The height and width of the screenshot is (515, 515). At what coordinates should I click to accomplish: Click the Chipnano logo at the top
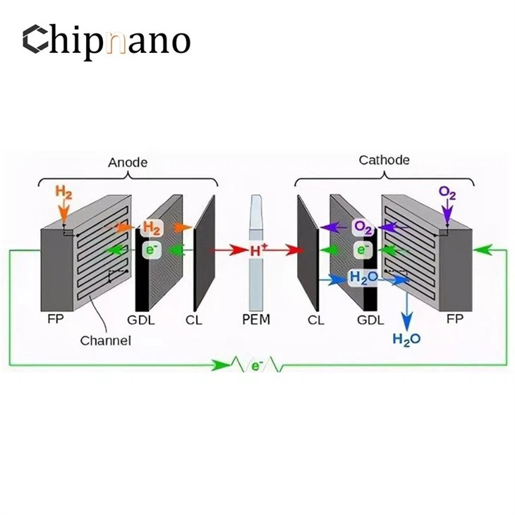(106, 40)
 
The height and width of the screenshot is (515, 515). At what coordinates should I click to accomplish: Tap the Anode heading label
(128, 162)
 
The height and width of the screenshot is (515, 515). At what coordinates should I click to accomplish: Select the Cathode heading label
(384, 160)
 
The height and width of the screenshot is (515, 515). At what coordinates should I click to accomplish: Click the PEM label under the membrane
(255, 320)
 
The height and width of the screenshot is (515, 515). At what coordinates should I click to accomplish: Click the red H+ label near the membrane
(258, 250)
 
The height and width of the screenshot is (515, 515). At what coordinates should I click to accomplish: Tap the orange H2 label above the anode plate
(63, 190)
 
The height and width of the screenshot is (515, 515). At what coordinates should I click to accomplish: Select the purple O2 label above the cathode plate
(447, 191)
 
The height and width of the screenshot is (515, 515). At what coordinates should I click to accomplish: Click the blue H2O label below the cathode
(406, 339)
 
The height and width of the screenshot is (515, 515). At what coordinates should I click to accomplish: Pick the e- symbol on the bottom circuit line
(255, 366)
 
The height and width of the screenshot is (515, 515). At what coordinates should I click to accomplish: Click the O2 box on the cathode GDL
(363, 227)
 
